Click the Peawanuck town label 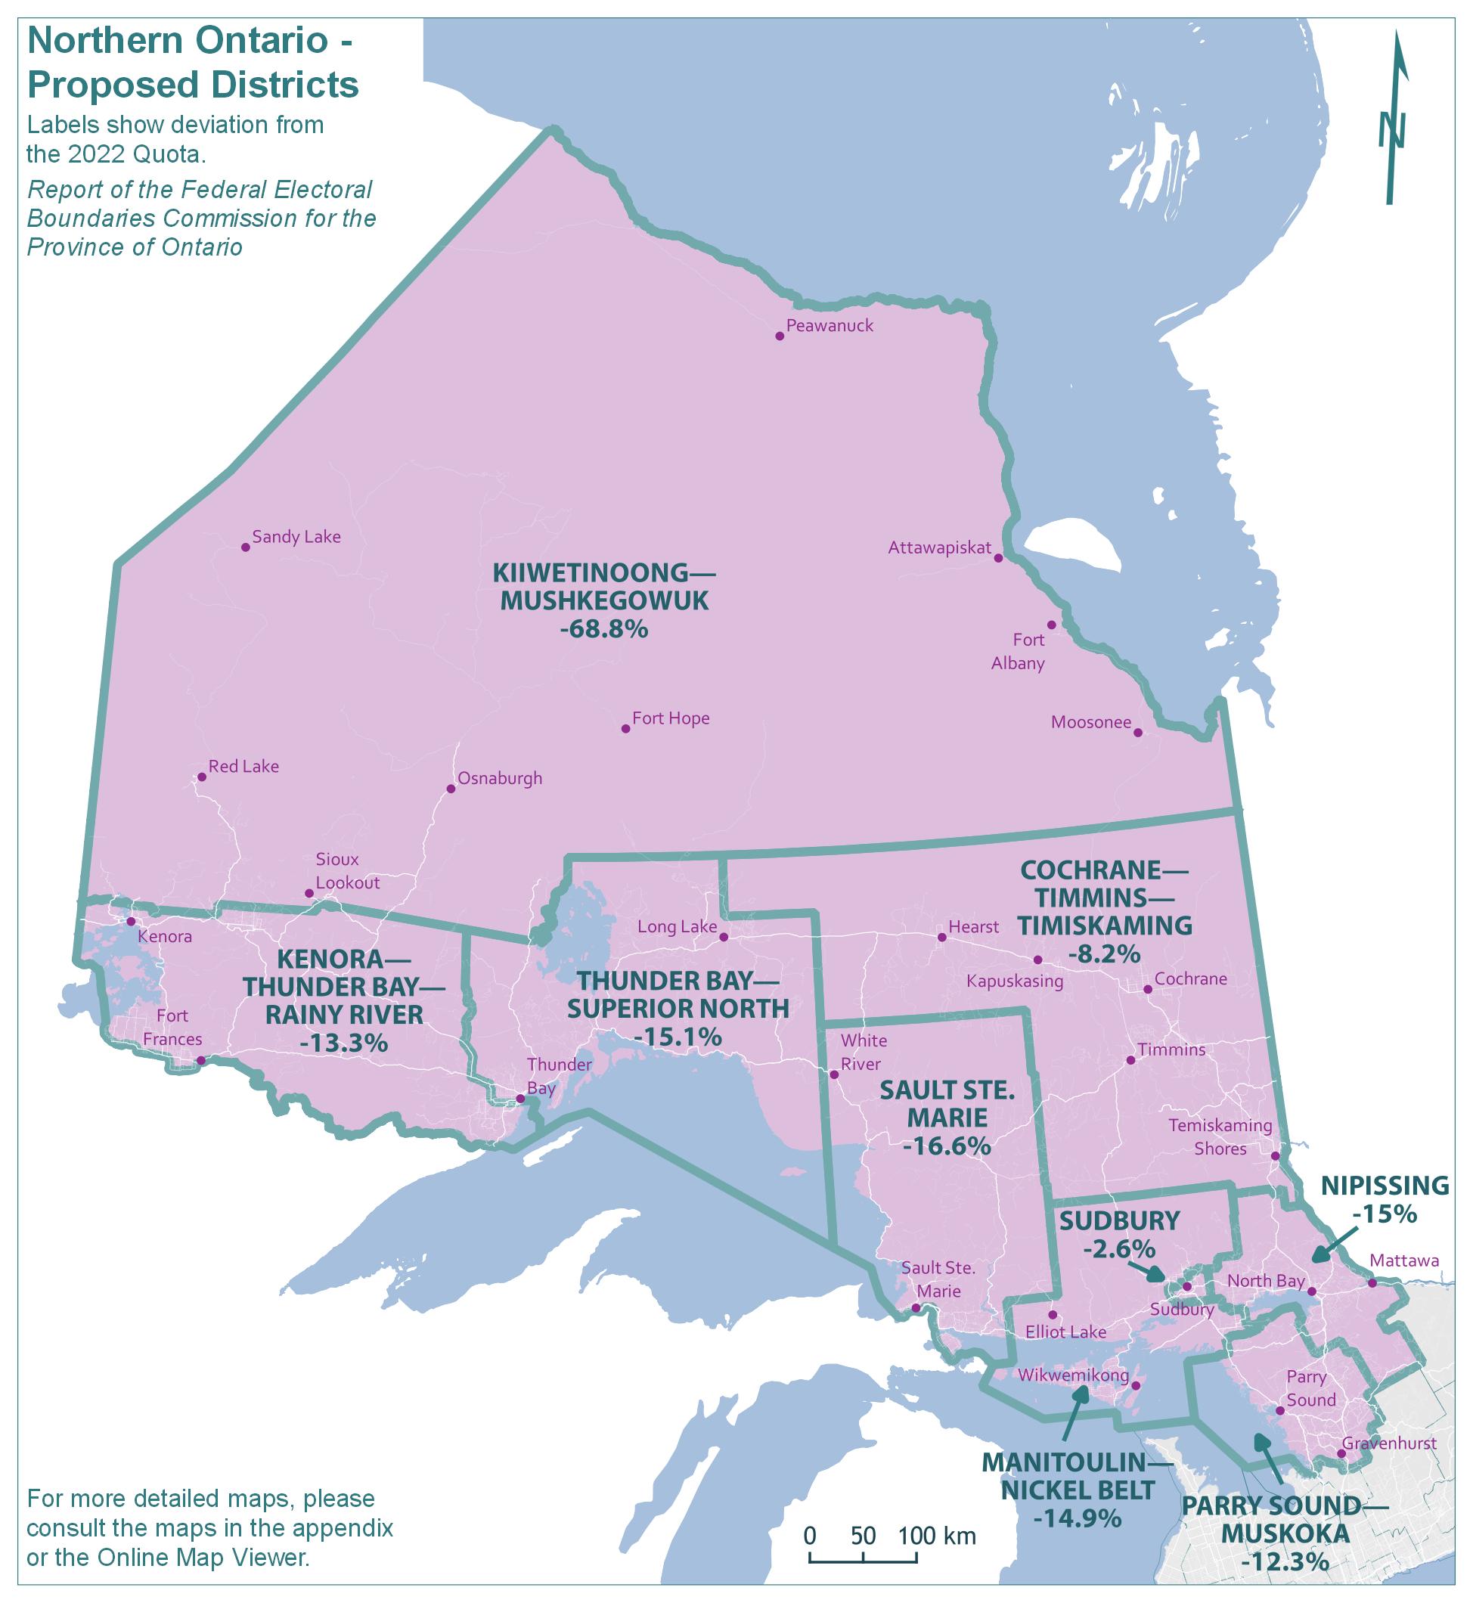829,325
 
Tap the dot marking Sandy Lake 246,547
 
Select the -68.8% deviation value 603,629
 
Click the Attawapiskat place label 939,547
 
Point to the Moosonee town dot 1137,733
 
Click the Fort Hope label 671,718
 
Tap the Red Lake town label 243,766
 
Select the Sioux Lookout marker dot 309,894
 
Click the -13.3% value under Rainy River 344,1043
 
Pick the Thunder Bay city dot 519,1099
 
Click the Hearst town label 973,926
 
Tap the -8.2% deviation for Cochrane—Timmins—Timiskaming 1105,953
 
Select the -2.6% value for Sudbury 1119,1248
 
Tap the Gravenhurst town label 1388,1443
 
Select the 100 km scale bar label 938,1535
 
